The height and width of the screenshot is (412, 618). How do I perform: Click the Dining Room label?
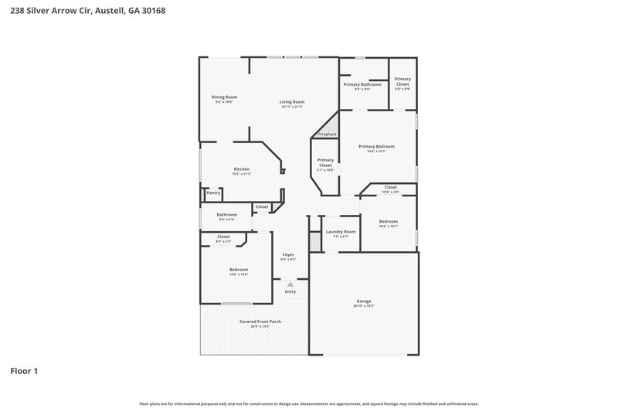click(224, 97)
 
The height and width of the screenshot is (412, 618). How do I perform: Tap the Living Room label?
click(292, 102)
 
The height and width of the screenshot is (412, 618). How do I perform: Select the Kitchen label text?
click(242, 169)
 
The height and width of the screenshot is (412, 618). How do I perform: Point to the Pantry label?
click(213, 192)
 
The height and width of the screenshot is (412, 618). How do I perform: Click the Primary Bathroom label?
click(362, 84)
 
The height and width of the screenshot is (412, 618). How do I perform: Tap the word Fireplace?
click(327, 134)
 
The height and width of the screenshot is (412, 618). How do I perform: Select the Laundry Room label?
click(341, 232)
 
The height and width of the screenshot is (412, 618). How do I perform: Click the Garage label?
click(363, 301)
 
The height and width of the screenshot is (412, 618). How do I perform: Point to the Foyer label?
click(288, 254)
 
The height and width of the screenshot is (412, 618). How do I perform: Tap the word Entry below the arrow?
click(290, 291)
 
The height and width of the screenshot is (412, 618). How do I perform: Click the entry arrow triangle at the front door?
click(290, 284)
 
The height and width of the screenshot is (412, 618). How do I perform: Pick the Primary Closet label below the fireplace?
click(325, 162)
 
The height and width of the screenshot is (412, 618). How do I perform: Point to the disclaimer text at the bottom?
click(308, 403)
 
